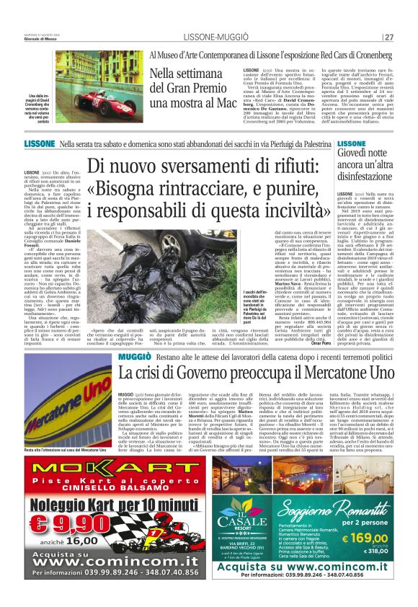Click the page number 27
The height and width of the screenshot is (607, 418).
pos(388,37)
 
